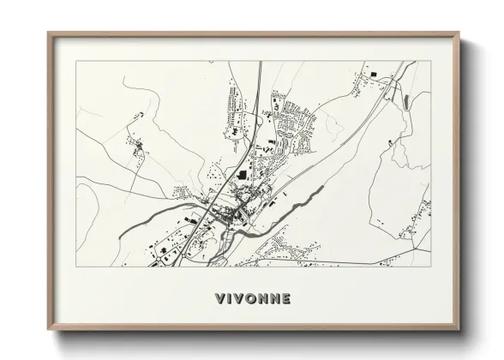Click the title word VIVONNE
[x=253, y=298]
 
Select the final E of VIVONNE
[x=285, y=298]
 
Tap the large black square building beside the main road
[x=241, y=176]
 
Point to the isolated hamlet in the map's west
[x=137, y=151]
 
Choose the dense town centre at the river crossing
[x=231, y=214]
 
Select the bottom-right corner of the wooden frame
[x=459, y=329]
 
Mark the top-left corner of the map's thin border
[x=77, y=61]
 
